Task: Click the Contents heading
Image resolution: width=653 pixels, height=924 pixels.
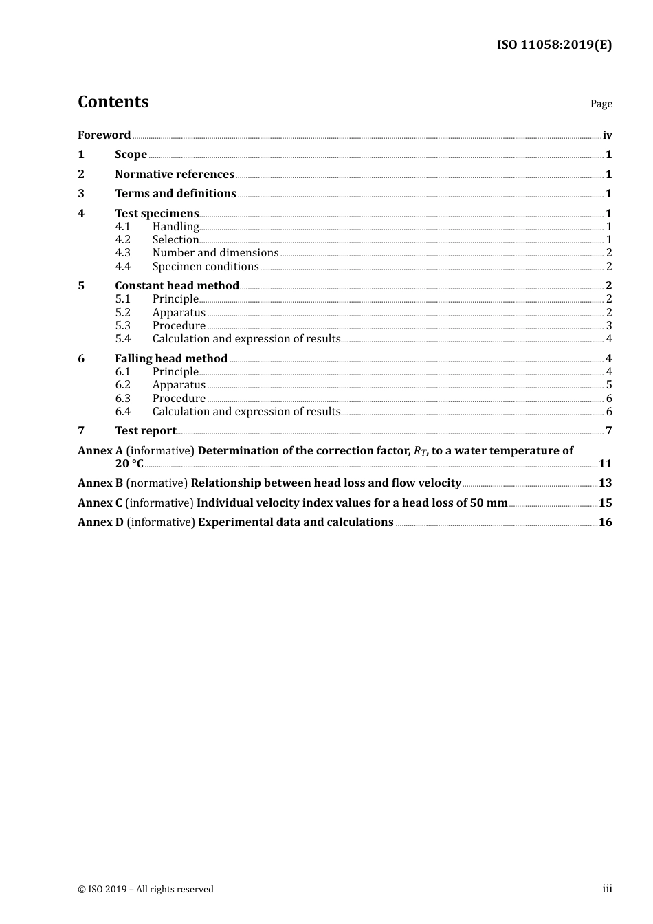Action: click(x=113, y=102)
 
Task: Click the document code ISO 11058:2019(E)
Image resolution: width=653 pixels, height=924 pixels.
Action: click(x=554, y=45)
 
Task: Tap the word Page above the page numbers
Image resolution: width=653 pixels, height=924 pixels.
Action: click(x=601, y=104)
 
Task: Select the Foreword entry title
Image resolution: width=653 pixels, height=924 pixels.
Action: click(x=104, y=135)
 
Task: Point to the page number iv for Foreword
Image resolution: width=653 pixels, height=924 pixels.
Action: click(x=607, y=135)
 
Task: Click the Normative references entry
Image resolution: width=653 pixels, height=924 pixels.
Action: click(x=175, y=175)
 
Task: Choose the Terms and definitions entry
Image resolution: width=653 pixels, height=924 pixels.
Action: click(x=175, y=194)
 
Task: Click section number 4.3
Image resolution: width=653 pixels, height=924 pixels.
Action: click(x=122, y=253)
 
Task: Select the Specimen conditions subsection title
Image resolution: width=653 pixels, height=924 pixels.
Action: click(x=206, y=267)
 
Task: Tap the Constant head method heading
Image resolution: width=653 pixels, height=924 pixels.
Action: click(x=177, y=286)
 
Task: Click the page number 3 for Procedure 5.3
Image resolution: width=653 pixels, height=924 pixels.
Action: click(x=609, y=326)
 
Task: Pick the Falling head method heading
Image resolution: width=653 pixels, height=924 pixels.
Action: click(x=171, y=359)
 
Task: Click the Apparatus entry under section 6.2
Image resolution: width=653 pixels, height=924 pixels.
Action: click(x=179, y=385)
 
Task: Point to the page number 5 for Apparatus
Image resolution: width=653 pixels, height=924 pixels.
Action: click(x=609, y=385)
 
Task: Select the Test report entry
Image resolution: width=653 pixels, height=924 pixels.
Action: click(x=146, y=431)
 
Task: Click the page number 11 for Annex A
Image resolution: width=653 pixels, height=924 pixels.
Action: click(x=605, y=464)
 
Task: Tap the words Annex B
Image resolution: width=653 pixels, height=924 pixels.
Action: click(x=100, y=483)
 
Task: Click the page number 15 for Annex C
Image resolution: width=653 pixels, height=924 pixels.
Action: click(x=605, y=503)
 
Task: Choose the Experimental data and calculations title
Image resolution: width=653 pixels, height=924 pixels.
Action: click(x=296, y=522)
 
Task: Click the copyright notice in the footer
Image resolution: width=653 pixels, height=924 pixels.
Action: click(x=146, y=890)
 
